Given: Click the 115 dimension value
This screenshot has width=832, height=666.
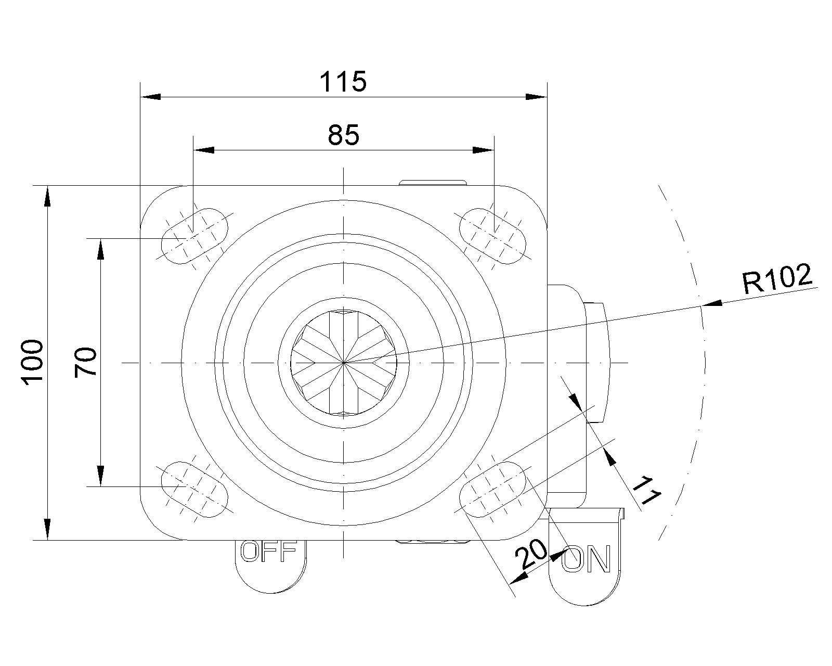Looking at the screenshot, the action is tap(343, 82).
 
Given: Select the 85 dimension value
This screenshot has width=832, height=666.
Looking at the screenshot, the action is tap(343, 135).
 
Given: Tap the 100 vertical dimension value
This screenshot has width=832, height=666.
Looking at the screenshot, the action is tap(32, 363).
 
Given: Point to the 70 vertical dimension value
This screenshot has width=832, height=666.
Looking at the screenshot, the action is tap(86, 362).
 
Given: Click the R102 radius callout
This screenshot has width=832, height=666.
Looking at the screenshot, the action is tap(777, 279).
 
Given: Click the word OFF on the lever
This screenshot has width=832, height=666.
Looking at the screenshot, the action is tap(269, 551).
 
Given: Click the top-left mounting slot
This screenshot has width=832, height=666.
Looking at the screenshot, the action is tap(194, 236).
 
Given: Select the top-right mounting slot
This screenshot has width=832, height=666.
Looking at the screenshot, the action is tap(492, 236).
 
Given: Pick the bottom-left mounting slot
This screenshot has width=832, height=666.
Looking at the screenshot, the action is tap(194, 490).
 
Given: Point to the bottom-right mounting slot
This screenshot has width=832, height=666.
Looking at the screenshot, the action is tap(492, 490).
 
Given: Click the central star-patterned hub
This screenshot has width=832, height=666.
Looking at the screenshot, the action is tap(344, 363).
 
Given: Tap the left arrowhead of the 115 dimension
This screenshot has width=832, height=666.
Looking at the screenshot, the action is tap(150, 96).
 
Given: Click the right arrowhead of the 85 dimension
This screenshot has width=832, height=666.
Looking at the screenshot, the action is tap(483, 150).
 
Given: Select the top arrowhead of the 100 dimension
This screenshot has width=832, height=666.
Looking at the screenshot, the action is tap(47, 196).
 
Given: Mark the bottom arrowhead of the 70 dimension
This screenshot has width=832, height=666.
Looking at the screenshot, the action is tap(100, 476).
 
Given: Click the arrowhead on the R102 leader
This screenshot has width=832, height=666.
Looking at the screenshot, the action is tap(711, 303).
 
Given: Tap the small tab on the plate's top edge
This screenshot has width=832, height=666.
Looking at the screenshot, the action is tap(433, 183).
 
